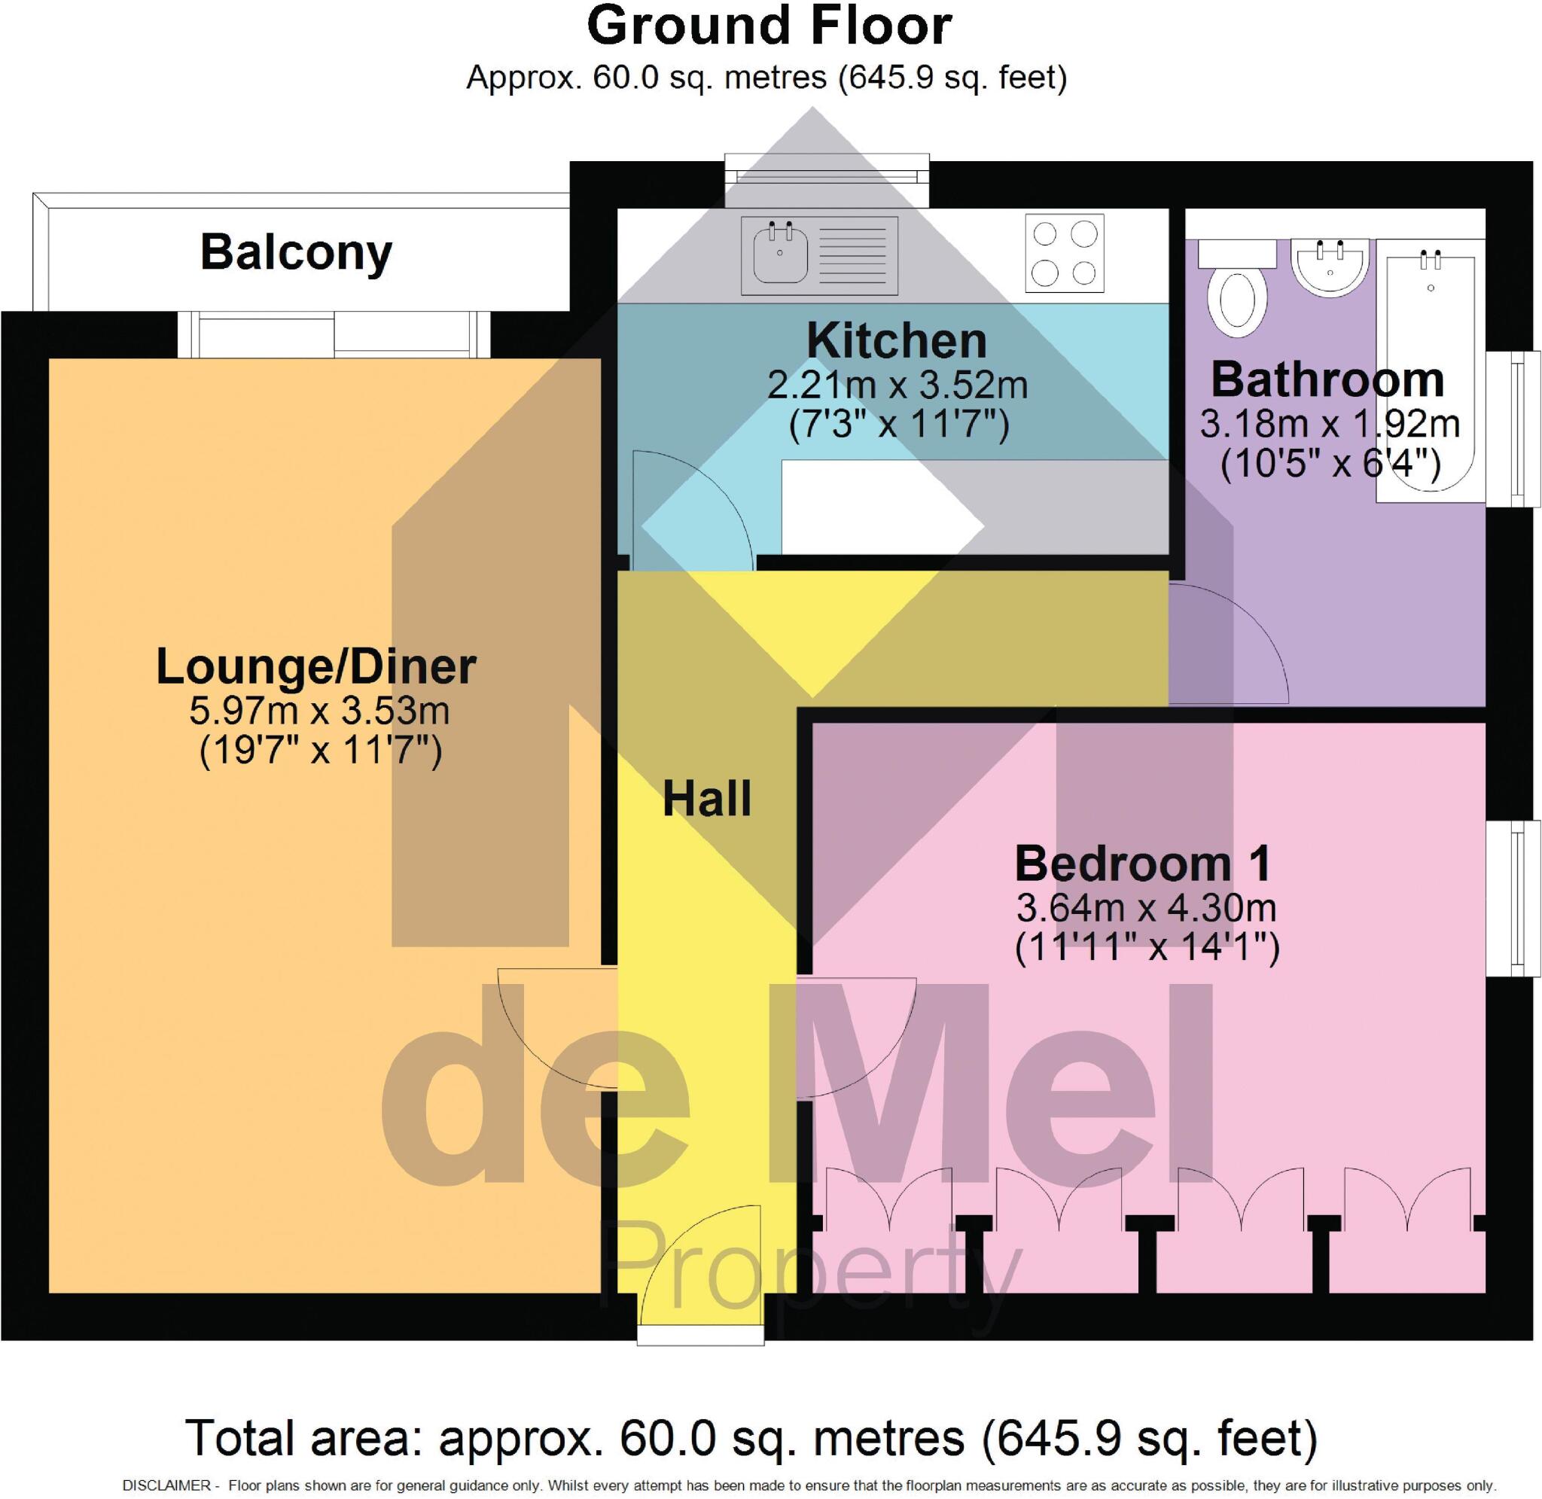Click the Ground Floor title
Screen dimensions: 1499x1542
pyautogui.click(x=769, y=27)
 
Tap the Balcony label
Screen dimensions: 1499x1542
pyautogui.click(x=296, y=253)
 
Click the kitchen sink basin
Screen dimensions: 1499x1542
pyautogui.click(x=779, y=253)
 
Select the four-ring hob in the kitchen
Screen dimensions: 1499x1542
pyautogui.click(x=1064, y=253)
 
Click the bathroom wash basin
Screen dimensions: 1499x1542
pyautogui.click(x=1330, y=267)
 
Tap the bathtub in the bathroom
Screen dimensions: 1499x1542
pyautogui.click(x=1431, y=370)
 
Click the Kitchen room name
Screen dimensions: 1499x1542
pyautogui.click(x=896, y=341)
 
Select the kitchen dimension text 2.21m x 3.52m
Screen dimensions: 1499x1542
pyautogui.click(x=897, y=385)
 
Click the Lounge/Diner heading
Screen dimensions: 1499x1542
pyautogui.click(x=315, y=666)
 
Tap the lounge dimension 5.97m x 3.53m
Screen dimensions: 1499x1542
pyautogui.click(x=318, y=711)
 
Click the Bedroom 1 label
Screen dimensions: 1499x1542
pyautogui.click(x=1143, y=864)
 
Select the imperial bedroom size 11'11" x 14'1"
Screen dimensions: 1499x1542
pyautogui.click(x=1147, y=948)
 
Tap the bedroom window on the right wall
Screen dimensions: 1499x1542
pyautogui.click(x=1512, y=898)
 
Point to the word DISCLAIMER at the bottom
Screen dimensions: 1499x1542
pyautogui.click(x=166, y=1485)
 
